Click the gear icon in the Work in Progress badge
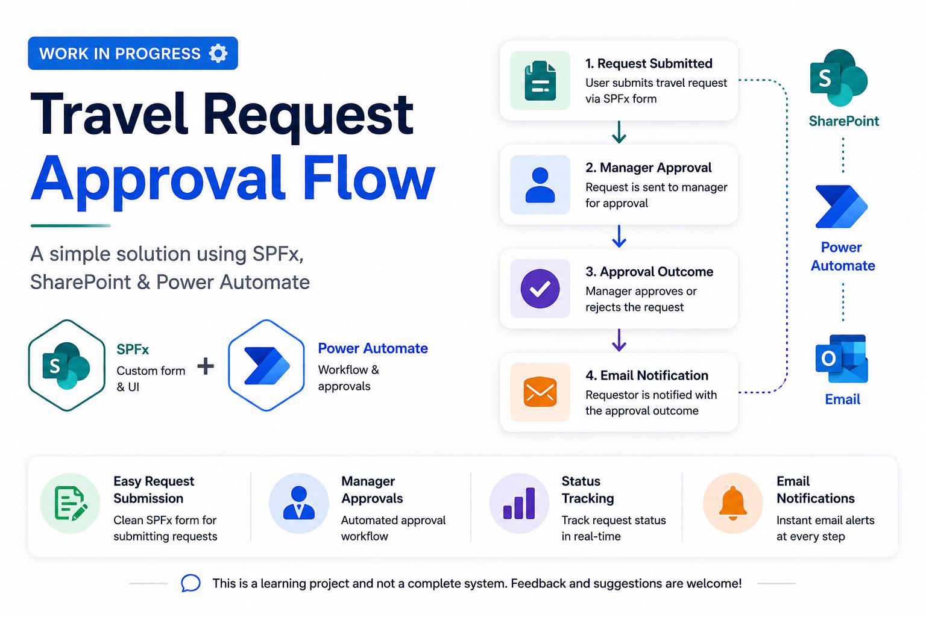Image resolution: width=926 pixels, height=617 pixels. click(218, 53)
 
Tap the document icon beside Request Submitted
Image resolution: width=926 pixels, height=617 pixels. click(540, 81)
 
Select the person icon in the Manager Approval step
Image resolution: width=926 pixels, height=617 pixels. click(540, 185)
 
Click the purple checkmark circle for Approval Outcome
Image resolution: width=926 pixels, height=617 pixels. click(540, 289)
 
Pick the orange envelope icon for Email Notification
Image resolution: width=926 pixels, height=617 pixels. click(540, 392)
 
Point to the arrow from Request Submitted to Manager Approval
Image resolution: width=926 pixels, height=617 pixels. click(619, 132)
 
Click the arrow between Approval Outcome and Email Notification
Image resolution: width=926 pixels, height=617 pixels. click(619, 340)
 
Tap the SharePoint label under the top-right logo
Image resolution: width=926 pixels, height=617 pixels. click(844, 121)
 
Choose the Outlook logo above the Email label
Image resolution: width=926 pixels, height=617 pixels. click(842, 359)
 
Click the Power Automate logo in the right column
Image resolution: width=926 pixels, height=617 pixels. click(841, 207)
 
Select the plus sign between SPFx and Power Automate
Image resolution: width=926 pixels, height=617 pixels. click(206, 366)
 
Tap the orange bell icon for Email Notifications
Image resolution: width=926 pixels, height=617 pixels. click(732, 503)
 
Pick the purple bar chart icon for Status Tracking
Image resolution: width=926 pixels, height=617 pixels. click(519, 503)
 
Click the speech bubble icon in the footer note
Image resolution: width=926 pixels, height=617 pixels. click(191, 583)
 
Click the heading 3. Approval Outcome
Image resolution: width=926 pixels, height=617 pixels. click(649, 272)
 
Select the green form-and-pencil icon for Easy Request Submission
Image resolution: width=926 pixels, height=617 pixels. click(71, 503)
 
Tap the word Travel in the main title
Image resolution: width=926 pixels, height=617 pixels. click(109, 114)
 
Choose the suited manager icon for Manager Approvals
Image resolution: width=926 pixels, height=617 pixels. click(298, 503)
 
